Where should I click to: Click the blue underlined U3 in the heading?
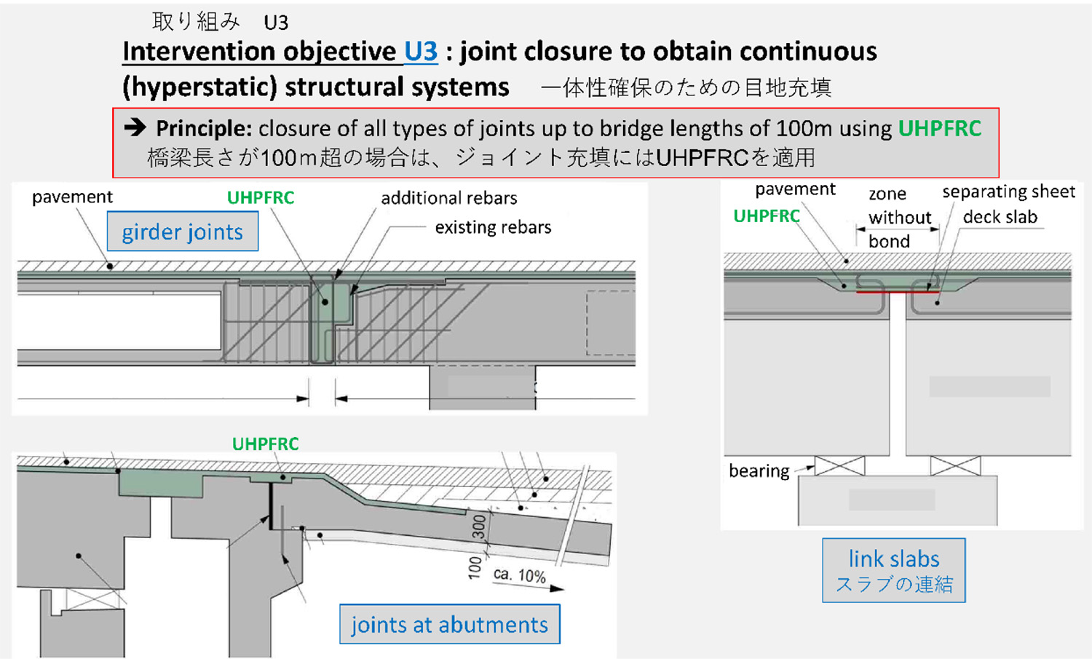421,52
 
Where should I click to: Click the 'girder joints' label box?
183,232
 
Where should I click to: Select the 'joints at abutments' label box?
449,624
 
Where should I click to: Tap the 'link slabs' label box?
893,570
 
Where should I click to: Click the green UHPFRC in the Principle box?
939,128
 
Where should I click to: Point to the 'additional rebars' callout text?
448,198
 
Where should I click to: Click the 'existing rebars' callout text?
493,227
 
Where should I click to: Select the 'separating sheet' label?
1008,192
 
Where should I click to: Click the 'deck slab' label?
1000,217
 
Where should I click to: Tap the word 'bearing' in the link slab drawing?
759,471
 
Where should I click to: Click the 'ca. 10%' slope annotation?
519,575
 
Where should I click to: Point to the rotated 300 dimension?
478,526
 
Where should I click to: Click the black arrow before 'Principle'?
135,128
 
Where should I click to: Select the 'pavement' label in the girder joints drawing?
72,197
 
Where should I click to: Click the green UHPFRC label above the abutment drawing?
265,443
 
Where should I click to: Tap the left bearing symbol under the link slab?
839,466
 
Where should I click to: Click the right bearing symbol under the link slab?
955,466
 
